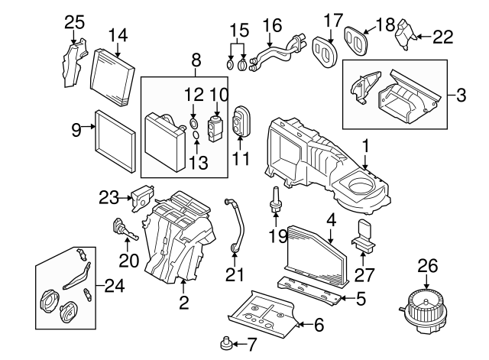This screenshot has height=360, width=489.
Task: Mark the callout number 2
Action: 183,302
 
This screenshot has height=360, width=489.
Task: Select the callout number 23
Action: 106,197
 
